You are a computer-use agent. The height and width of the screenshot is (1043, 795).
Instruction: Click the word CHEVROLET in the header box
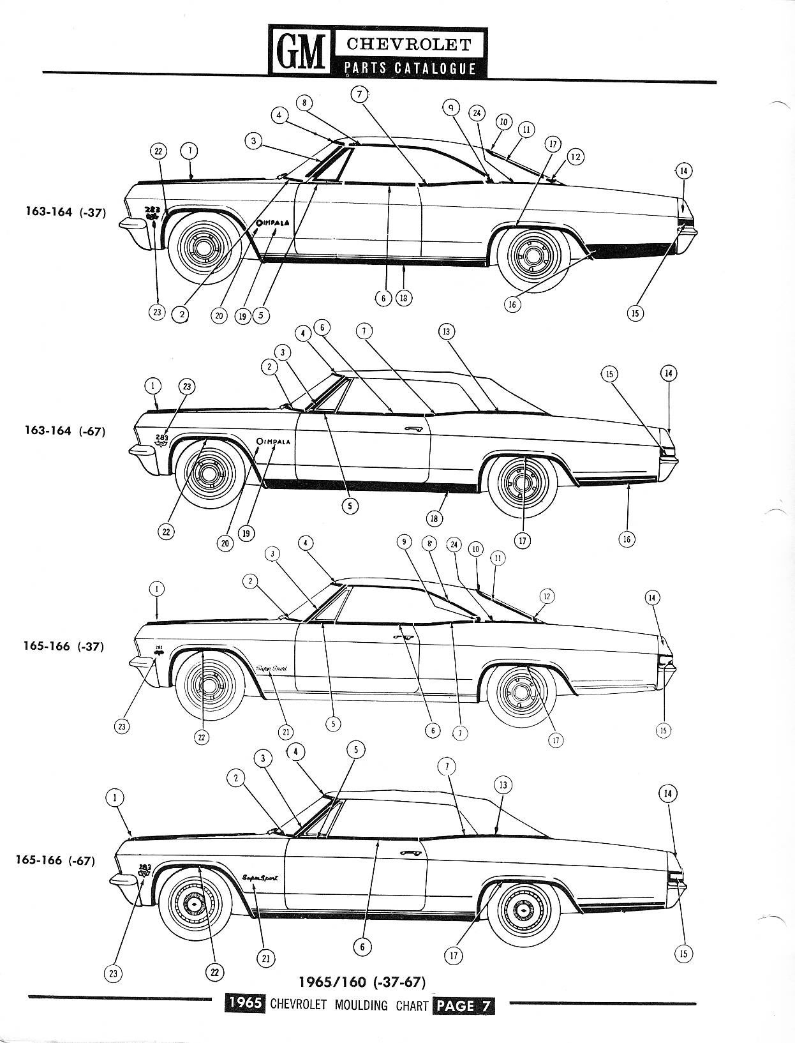pyautogui.click(x=409, y=44)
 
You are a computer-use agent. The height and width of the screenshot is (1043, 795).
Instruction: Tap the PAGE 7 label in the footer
pyautogui.click(x=463, y=1005)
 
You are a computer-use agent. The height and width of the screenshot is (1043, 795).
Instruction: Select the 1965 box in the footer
pyautogui.click(x=246, y=1003)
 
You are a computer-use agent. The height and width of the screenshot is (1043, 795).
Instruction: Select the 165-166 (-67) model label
pyautogui.click(x=56, y=860)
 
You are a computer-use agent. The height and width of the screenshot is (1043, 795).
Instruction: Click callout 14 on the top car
pyautogui.click(x=683, y=170)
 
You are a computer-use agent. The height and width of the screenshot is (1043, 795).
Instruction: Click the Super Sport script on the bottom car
pyautogui.click(x=260, y=878)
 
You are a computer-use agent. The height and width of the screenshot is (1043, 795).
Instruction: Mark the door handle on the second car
pyautogui.click(x=414, y=429)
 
